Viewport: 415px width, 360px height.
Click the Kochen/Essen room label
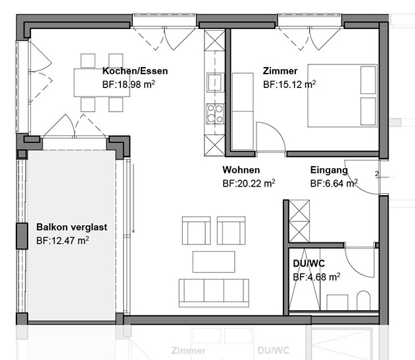point(135,71)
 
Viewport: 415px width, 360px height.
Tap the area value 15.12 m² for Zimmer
point(289,84)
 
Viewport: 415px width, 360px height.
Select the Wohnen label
point(241,169)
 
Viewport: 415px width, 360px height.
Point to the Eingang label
point(329,170)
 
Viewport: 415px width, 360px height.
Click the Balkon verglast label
point(72,227)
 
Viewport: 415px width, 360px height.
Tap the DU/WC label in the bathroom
point(309,263)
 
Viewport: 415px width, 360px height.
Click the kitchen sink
point(216,82)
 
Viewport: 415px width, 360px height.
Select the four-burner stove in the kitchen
point(215,114)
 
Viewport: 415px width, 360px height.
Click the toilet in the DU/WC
point(364,300)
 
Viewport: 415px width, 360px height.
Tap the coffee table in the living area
point(214,261)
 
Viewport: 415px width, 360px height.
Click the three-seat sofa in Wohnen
point(214,293)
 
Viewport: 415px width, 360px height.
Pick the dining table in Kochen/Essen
point(102,83)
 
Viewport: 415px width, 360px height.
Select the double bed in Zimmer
point(343,95)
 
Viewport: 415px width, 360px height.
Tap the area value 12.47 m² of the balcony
point(62,240)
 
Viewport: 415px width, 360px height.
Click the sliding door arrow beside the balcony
point(134,198)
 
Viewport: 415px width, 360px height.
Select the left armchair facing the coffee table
point(197,231)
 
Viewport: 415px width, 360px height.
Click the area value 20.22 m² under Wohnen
point(249,183)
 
